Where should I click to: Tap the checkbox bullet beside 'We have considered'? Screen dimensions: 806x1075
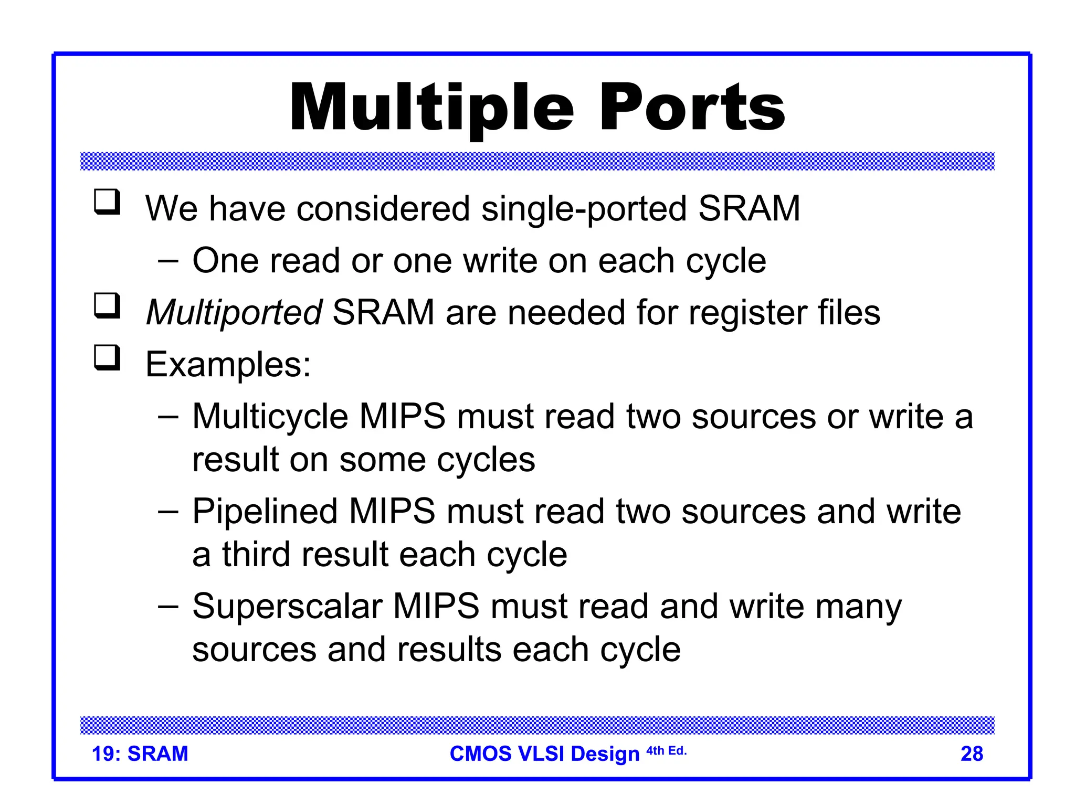[107, 203]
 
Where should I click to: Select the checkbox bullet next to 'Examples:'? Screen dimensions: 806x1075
[107, 358]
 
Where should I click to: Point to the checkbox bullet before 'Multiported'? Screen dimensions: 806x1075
[107, 306]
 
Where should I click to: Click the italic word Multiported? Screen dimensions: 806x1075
[234, 313]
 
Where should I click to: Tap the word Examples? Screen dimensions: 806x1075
[228, 364]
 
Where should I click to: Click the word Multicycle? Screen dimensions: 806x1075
[270, 417]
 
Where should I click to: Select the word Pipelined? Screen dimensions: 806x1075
[265, 511]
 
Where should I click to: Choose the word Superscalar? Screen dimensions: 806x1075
[287, 607]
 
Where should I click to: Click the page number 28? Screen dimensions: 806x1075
[972, 754]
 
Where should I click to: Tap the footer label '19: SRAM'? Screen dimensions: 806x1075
[140, 754]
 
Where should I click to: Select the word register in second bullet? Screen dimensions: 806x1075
[747, 313]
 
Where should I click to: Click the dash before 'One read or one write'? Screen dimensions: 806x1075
[168, 261]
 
